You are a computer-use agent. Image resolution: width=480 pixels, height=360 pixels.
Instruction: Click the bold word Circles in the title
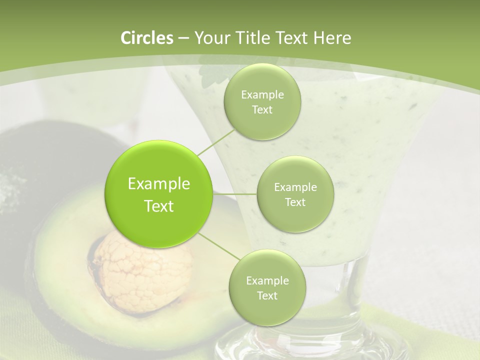[x=146, y=38]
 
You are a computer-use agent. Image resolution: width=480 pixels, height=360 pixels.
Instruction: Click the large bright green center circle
[x=159, y=194]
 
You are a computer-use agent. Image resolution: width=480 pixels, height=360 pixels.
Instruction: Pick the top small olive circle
[x=262, y=101]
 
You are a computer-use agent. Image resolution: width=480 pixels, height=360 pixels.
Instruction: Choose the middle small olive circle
[x=295, y=194]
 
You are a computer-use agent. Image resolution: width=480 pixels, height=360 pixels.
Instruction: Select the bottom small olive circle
[x=267, y=287]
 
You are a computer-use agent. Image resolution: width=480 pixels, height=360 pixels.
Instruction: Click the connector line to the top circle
[x=216, y=141]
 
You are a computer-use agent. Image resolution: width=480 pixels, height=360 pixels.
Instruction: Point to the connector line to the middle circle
[x=235, y=194]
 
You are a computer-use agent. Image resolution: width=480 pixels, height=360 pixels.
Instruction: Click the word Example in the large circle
[x=159, y=184]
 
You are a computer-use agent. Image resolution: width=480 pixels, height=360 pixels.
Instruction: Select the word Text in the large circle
[x=159, y=206]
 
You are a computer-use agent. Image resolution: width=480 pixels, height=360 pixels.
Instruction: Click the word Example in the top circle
[x=262, y=94]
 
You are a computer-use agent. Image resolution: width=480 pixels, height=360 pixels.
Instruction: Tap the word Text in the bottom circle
[x=267, y=295]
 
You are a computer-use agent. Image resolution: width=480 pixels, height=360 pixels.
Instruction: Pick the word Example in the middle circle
[x=295, y=187]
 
